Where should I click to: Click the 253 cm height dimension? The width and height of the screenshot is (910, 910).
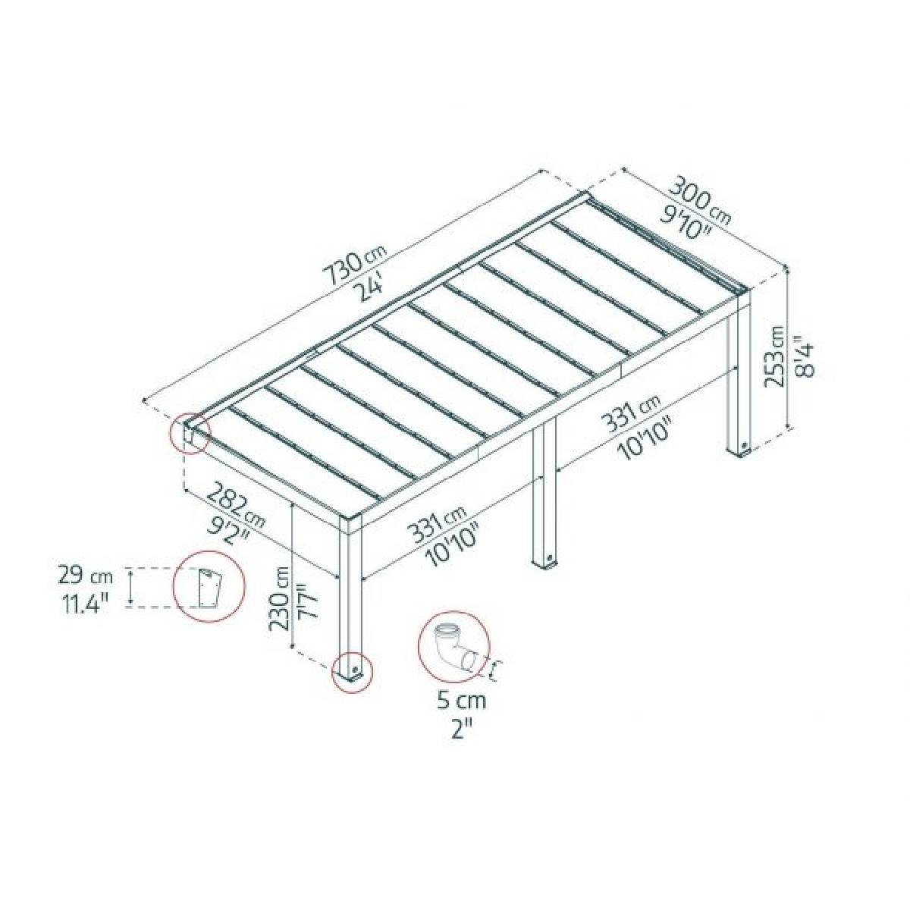pyautogui.click(x=774, y=356)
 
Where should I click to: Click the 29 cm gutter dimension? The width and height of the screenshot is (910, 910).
pyautogui.click(x=84, y=575)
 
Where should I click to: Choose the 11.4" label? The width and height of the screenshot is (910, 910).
pyautogui.click(x=83, y=604)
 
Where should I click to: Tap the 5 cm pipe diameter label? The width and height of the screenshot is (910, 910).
pyautogui.click(x=461, y=701)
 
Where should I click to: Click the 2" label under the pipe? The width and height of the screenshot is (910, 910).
pyautogui.click(x=462, y=729)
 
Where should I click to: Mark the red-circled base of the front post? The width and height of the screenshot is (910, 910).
pyautogui.click(x=353, y=671)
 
